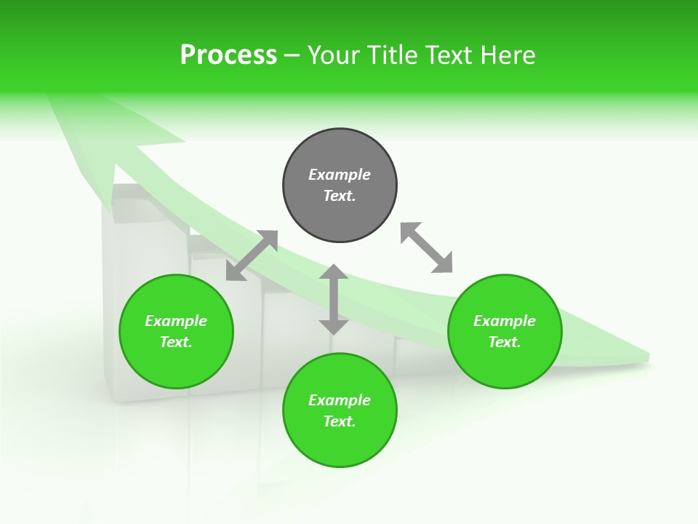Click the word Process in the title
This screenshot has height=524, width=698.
click(228, 55)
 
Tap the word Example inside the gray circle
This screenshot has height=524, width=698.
click(340, 175)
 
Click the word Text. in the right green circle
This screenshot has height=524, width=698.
click(505, 342)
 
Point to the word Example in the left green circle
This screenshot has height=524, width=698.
click(176, 321)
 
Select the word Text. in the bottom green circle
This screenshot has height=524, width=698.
click(340, 421)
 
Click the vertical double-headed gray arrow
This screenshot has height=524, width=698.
click(334, 299)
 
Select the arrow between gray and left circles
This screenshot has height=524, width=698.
click(252, 255)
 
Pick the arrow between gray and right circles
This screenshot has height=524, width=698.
click(426, 247)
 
